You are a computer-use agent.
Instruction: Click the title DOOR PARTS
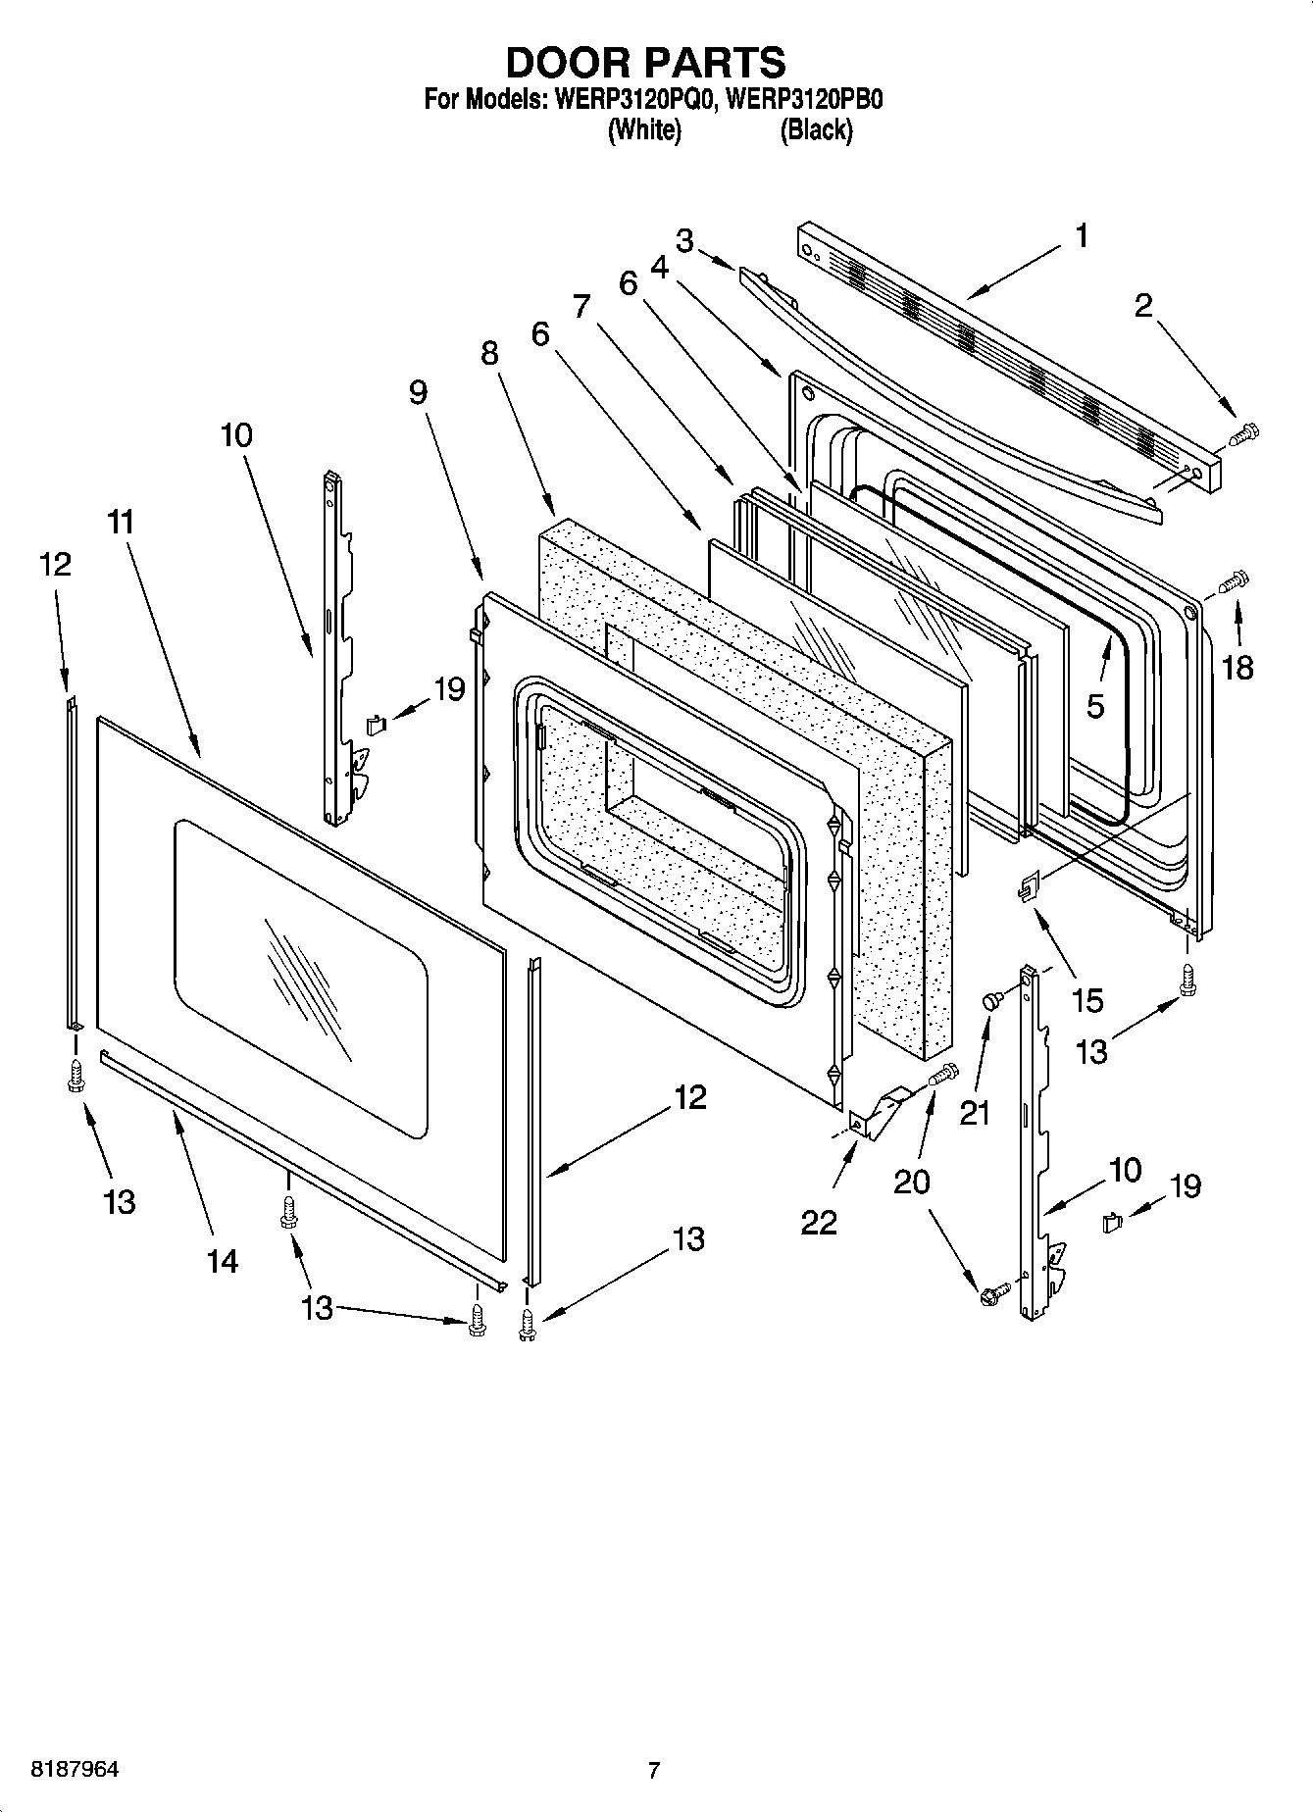(645, 63)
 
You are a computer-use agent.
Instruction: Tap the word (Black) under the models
(815, 129)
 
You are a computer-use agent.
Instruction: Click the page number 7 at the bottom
(654, 1770)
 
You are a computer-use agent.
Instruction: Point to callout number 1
(1082, 236)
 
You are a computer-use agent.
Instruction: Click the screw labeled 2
(1242, 434)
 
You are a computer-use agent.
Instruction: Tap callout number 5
(1095, 705)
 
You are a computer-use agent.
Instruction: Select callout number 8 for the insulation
(489, 353)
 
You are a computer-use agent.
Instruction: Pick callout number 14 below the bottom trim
(223, 1260)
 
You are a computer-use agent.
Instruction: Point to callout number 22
(819, 1222)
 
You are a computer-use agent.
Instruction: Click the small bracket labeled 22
(876, 1114)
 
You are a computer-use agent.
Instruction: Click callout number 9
(418, 392)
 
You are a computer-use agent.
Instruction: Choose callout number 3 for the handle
(684, 241)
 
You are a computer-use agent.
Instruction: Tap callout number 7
(581, 306)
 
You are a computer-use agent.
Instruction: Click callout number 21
(974, 1113)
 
